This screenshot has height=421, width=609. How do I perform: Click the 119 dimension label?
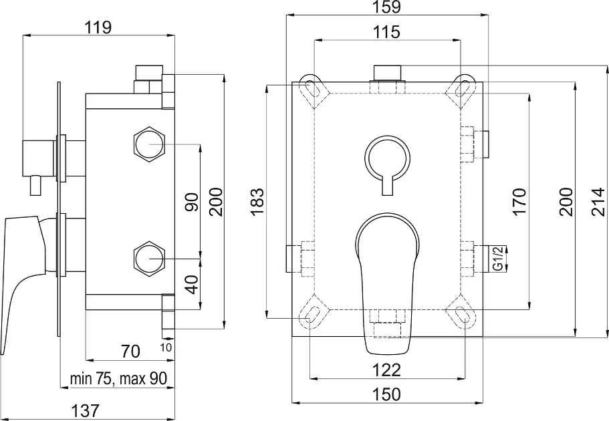pyautogui.click(x=98, y=27)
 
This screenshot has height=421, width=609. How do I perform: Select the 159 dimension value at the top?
pyautogui.click(x=387, y=7)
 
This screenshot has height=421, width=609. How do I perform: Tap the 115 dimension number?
pyautogui.click(x=387, y=32)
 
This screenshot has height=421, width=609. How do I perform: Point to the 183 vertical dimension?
pyautogui.click(x=257, y=201)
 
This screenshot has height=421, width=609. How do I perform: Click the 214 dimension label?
pyautogui.click(x=598, y=201)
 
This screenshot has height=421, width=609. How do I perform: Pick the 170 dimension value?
pyautogui.click(x=519, y=201)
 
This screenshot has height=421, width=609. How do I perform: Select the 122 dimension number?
pyautogui.click(x=387, y=370)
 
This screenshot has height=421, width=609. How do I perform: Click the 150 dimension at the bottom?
pyautogui.click(x=387, y=394)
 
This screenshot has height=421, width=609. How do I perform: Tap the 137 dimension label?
pyautogui.click(x=85, y=410)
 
